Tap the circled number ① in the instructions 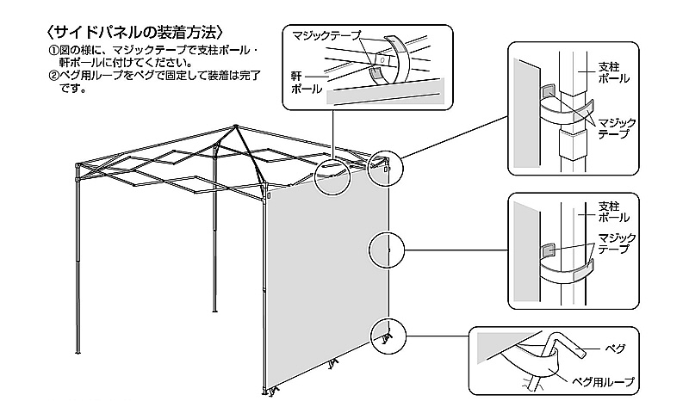[53, 51]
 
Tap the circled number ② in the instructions [53, 75]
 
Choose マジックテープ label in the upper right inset [617, 129]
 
